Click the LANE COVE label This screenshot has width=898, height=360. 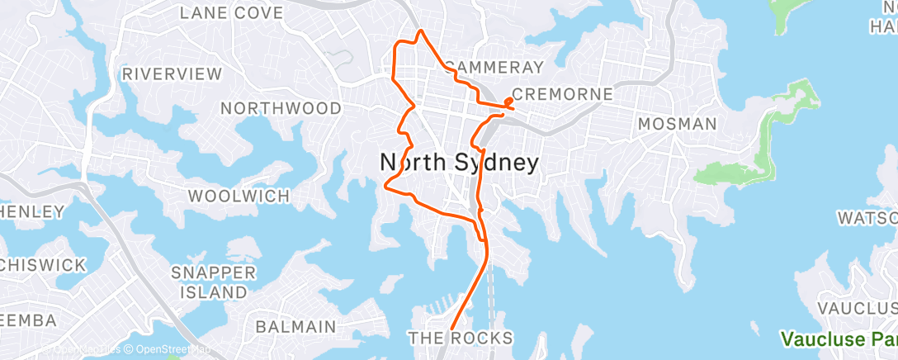coord(231,13)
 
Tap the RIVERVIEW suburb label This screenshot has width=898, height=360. coord(172,73)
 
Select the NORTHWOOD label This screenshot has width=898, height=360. coord(281,108)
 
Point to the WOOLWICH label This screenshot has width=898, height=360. coord(239,197)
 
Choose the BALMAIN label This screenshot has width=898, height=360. coord(295,326)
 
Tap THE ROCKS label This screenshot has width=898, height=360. coord(461,338)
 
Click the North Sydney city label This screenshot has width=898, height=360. coord(460,163)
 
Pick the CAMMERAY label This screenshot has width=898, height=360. coord(495,67)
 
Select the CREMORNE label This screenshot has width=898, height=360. coord(563,94)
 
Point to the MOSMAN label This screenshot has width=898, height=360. coord(678,124)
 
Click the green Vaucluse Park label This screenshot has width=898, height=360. coord(839,339)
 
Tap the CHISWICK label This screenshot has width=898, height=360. coord(43,265)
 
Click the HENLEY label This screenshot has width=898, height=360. coord(31,212)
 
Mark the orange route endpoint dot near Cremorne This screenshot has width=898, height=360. coord(507,102)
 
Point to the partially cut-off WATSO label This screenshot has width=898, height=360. coord(867,218)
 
